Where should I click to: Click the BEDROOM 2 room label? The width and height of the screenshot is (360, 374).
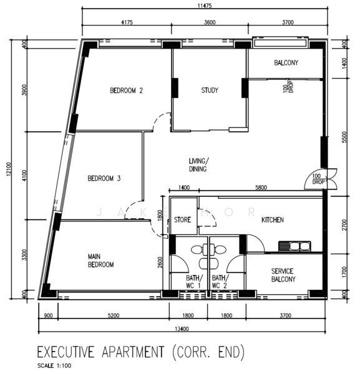126,90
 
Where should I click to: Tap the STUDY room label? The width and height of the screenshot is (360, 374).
210,90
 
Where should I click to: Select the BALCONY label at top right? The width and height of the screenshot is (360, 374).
286,63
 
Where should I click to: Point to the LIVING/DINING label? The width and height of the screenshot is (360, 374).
198,165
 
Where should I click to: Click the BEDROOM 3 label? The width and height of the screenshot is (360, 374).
104,178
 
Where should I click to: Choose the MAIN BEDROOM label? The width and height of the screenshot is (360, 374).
100,261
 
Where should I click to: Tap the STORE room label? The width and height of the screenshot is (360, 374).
182,219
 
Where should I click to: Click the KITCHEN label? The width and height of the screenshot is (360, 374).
273,219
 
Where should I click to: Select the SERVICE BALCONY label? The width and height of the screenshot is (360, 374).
283,275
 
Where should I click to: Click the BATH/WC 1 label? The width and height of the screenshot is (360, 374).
194,282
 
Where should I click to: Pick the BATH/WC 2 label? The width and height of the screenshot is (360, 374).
220,282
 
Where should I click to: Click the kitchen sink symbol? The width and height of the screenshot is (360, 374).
294,246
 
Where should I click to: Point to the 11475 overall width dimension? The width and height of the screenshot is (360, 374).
205,6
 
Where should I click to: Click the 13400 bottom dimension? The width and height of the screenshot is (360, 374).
182,329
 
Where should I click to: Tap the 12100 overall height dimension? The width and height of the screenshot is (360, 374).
9,169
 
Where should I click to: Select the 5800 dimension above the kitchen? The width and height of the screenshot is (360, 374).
261,188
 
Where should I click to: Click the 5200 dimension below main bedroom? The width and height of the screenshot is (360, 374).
114,315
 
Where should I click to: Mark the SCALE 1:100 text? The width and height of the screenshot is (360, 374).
54,366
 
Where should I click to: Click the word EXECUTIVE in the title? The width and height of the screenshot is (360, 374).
66,352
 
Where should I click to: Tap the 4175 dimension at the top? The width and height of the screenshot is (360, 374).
127,22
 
